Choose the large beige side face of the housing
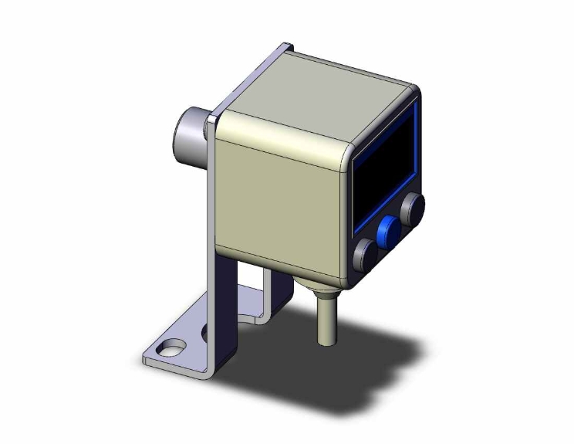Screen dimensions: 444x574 278,193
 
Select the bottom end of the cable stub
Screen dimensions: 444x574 326,340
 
